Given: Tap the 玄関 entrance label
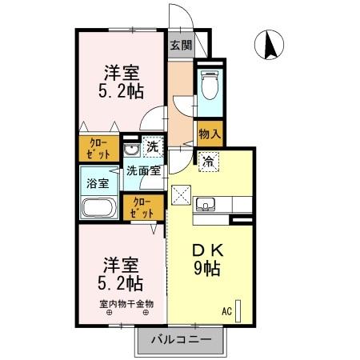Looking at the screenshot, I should tap(181, 46).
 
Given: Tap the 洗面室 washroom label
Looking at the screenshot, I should tap(144, 170).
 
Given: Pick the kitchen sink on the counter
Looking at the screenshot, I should tap(206, 205).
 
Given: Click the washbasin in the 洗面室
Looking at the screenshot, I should tap(132, 150).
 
